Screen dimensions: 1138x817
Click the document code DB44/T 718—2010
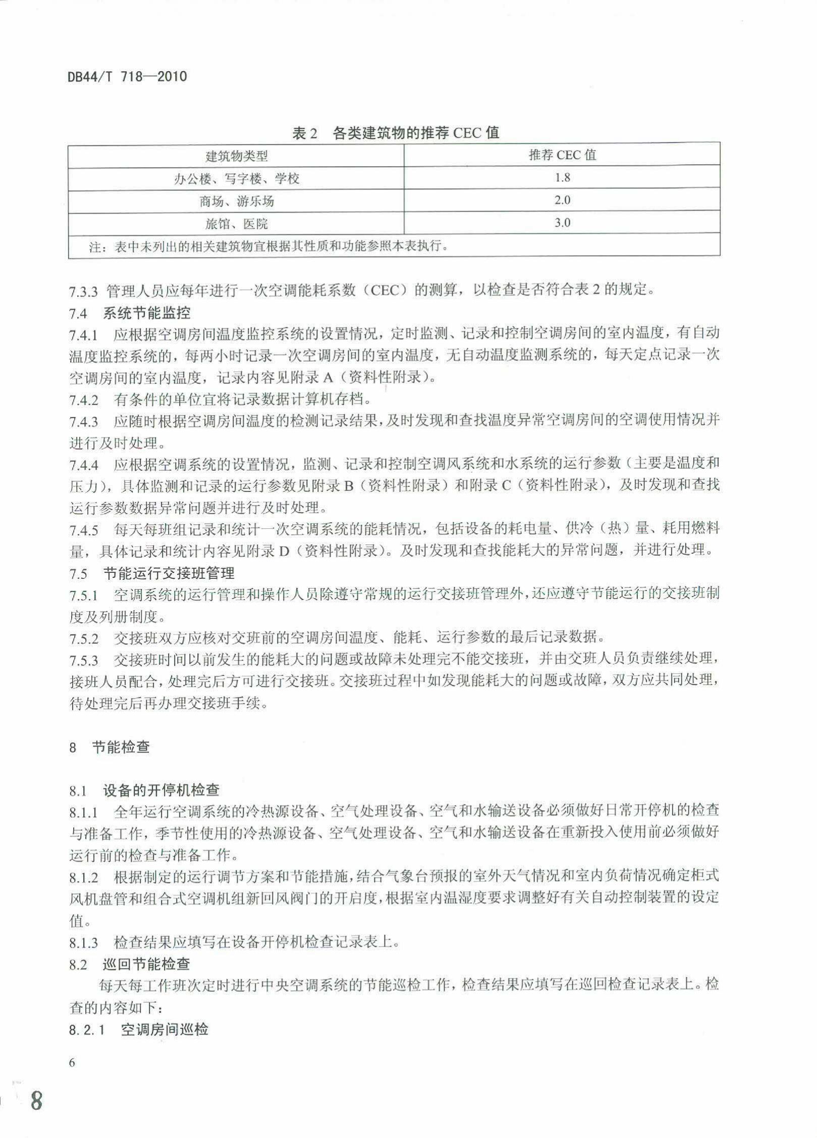click(127, 77)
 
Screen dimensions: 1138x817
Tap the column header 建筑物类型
click(236, 156)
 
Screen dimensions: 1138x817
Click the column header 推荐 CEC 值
click(562, 155)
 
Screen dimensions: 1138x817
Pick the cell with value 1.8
click(562, 178)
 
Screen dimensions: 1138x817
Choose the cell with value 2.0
click(562, 201)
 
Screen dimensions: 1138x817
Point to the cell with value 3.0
click(562, 223)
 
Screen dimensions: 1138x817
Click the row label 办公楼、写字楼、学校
click(236, 179)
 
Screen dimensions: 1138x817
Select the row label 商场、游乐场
click(236, 202)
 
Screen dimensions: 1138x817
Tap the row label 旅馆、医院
click(236, 224)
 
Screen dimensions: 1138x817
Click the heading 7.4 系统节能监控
click(130, 314)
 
